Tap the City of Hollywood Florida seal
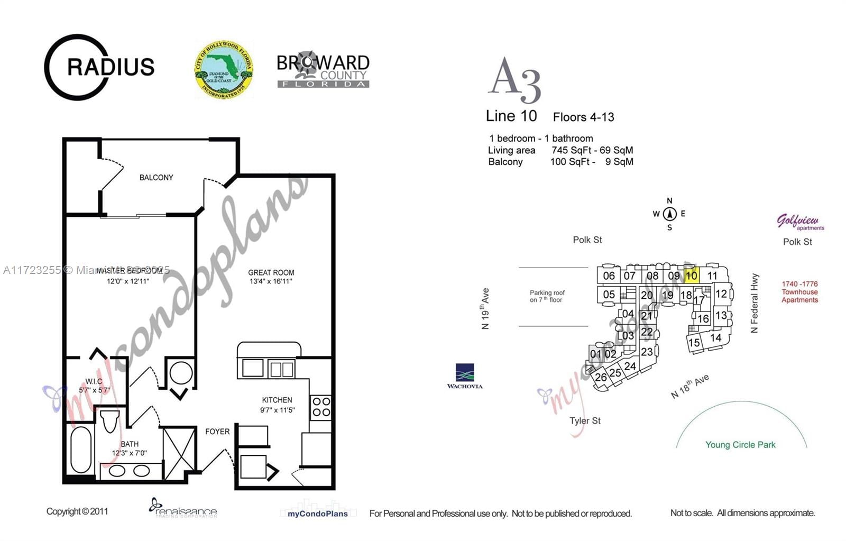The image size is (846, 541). click(223, 70)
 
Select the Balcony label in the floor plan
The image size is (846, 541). click(156, 178)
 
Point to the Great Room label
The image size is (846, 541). click(271, 273)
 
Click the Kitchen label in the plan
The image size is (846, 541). click(277, 400)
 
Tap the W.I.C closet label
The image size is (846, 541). click(94, 381)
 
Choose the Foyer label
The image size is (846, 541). click(217, 432)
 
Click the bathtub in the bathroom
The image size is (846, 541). click(80, 450)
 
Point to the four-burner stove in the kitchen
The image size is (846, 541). click(321, 407)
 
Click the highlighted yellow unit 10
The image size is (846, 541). click(691, 276)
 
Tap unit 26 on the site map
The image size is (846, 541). click(601, 378)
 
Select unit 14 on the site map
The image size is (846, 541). click(716, 337)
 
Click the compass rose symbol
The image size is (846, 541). click(670, 214)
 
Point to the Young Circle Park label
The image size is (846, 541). click(740, 445)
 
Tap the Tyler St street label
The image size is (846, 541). click(585, 421)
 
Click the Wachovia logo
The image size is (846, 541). click(464, 376)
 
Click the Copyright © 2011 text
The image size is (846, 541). click(77, 511)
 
